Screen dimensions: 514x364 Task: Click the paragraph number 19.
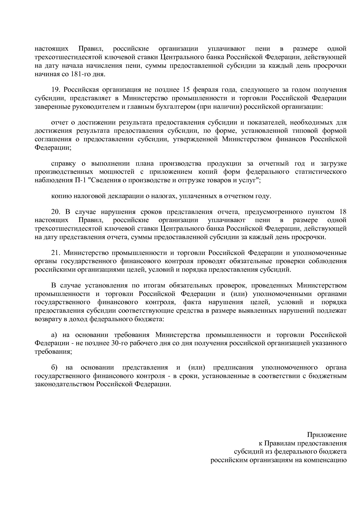55,90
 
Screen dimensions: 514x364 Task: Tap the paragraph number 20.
55,212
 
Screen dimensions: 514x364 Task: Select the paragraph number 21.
55,253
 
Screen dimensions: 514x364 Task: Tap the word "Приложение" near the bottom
327,435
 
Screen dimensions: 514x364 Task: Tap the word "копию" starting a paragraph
60,196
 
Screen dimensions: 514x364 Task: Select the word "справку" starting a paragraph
63,164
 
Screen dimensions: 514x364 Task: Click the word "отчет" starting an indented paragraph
60,122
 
